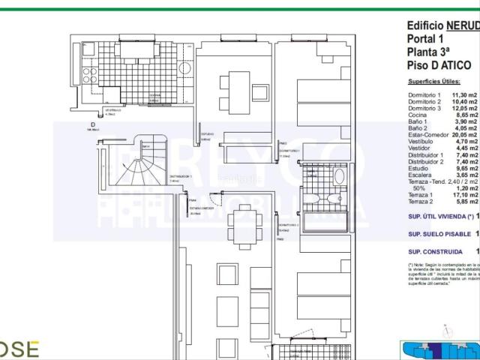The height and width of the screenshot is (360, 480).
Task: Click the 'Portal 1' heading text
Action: (425, 39)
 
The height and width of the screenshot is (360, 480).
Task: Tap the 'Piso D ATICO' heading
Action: (439, 65)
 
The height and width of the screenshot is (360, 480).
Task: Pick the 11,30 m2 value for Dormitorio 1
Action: (464, 96)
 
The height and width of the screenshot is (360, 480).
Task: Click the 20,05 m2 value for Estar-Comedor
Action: (464, 135)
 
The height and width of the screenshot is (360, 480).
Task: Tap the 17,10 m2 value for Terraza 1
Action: (464, 195)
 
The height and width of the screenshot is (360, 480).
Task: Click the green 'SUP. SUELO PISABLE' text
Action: (439, 233)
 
